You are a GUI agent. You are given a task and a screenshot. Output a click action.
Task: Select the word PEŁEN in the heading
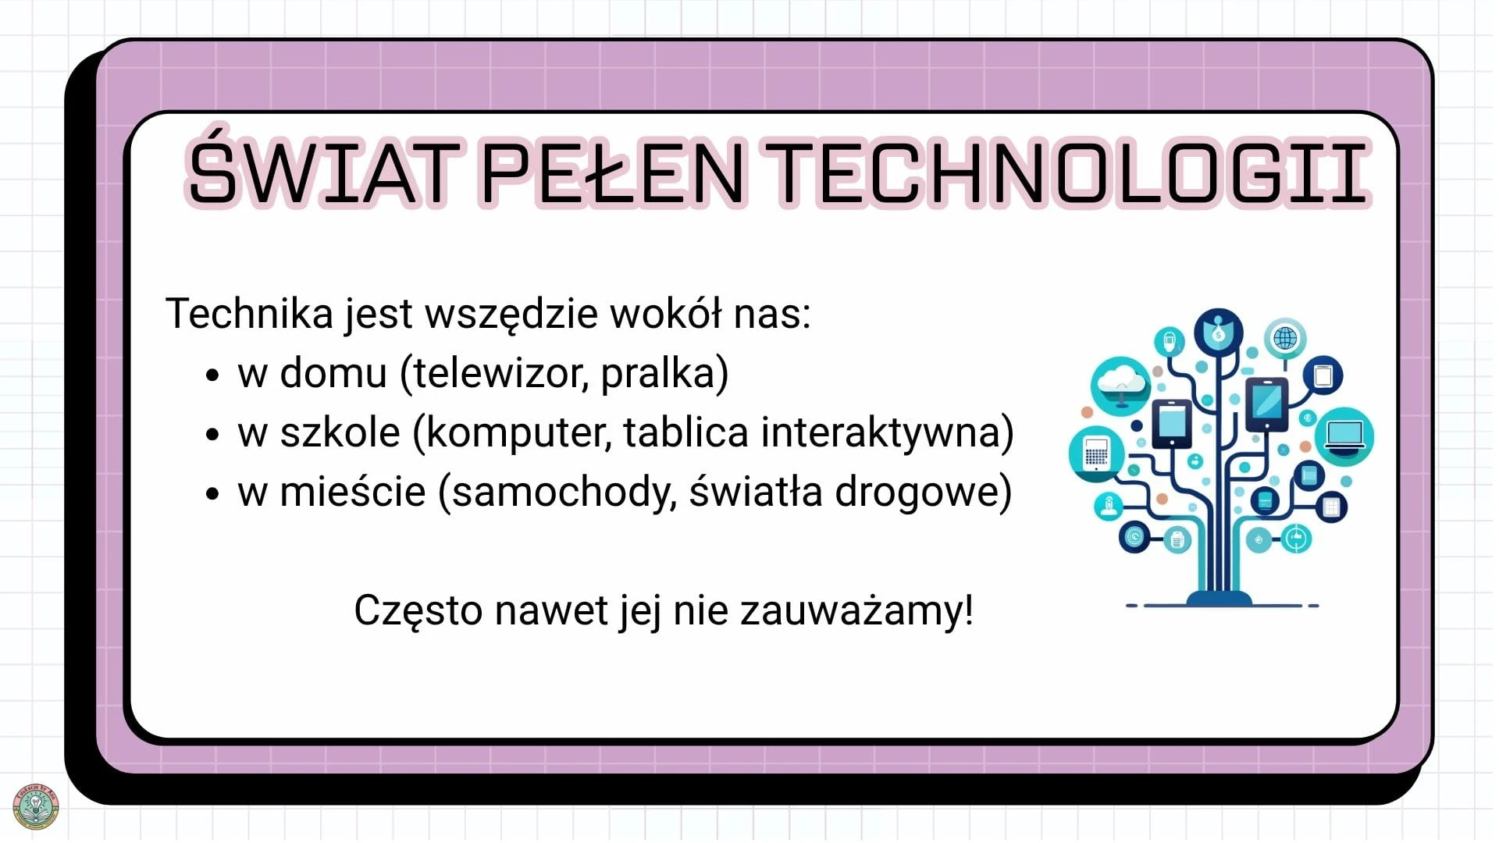(x=613, y=173)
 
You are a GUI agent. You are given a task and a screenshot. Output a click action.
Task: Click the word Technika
(x=250, y=313)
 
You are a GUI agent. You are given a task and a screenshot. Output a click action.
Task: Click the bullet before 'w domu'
(x=212, y=375)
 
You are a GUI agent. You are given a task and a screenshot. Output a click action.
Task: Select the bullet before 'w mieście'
(x=212, y=494)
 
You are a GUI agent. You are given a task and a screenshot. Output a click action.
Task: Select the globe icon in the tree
(x=1285, y=339)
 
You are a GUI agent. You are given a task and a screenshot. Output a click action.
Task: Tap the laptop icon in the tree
(x=1344, y=436)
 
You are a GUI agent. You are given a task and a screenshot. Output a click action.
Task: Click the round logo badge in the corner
(x=36, y=806)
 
